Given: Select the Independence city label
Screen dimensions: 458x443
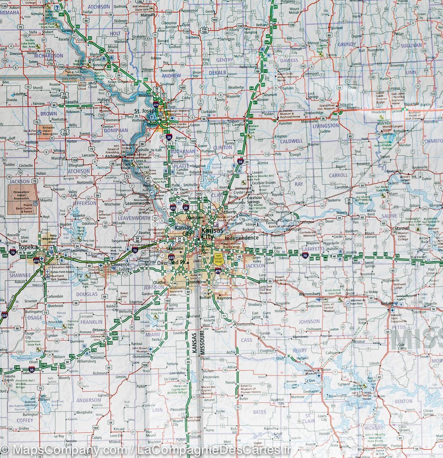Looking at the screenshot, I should (x=242, y=237).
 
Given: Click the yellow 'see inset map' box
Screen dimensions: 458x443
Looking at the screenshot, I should (x=218, y=259).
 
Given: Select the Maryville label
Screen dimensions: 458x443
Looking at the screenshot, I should (x=147, y=15).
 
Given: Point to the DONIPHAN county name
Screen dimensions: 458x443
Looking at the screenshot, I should (x=115, y=130).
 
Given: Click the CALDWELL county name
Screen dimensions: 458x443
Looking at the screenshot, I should (x=291, y=141).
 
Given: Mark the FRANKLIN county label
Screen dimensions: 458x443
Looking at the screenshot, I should (x=91, y=322).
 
